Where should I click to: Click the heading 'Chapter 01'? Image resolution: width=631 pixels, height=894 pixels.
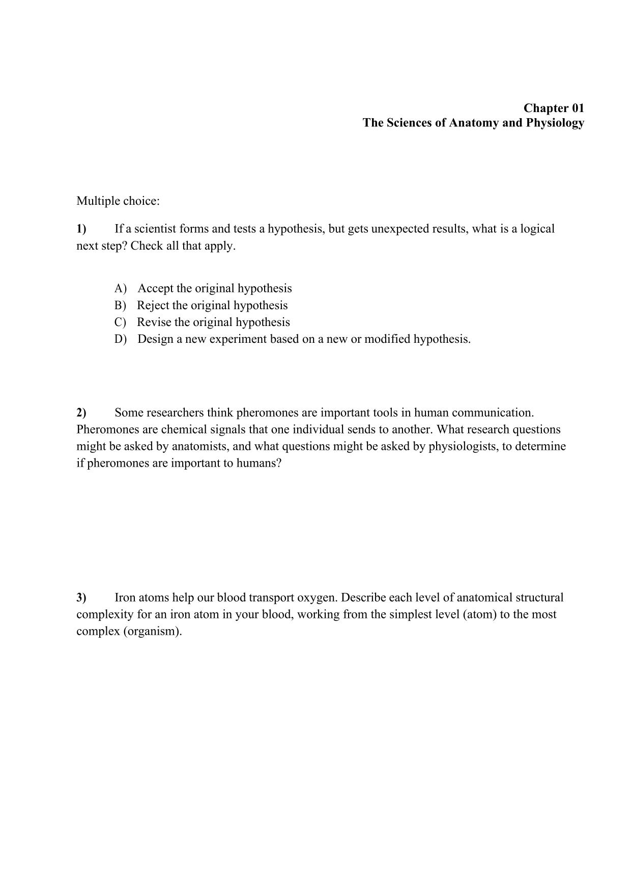click(x=554, y=108)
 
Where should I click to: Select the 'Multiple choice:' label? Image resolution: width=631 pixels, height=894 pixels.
click(x=118, y=201)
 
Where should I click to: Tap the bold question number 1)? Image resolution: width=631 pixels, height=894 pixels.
click(x=81, y=229)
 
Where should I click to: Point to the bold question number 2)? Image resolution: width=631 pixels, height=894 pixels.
click(x=81, y=412)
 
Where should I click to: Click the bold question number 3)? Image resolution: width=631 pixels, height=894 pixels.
click(x=81, y=597)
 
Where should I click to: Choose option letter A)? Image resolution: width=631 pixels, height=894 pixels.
click(x=120, y=288)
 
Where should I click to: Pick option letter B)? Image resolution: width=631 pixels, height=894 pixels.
click(x=120, y=305)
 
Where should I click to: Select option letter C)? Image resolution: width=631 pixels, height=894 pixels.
click(x=120, y=322)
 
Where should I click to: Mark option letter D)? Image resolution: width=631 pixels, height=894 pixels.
click(x=120, y=339)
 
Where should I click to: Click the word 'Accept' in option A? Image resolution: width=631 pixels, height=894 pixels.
click(x=156, y=288)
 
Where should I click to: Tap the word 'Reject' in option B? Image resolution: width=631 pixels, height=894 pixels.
click(x=153, y=305)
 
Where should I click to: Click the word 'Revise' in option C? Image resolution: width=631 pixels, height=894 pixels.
click(x=154, y=322)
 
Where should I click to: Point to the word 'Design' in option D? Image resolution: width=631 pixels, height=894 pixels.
click(x=155, y=339)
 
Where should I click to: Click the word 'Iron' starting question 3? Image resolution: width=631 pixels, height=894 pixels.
click(x=125, y=597)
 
